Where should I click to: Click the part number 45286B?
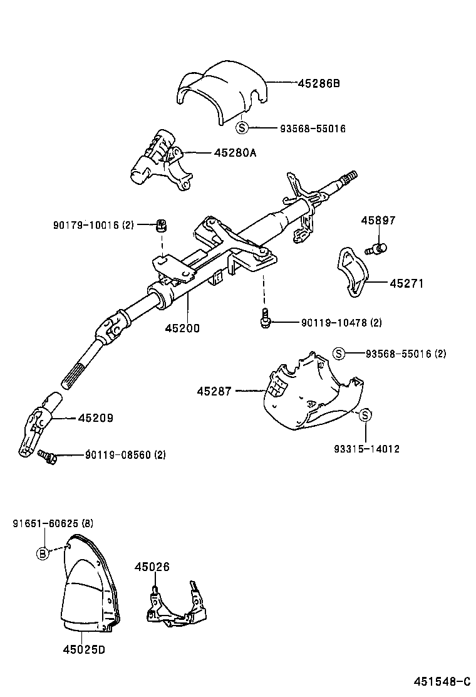point(318,82)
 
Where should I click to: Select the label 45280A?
point(235,152)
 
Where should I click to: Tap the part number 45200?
point(182,327)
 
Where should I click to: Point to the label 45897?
point(378,220)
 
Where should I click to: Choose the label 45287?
point(214,391)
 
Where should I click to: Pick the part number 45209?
point(95,417)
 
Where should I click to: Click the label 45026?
point(152,567)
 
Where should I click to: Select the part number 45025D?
point(83,649)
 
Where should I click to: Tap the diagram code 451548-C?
point(440,681)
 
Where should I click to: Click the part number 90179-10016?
point(87,225)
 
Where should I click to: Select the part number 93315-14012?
point(366,449)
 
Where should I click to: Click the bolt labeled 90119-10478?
point(266,318)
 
